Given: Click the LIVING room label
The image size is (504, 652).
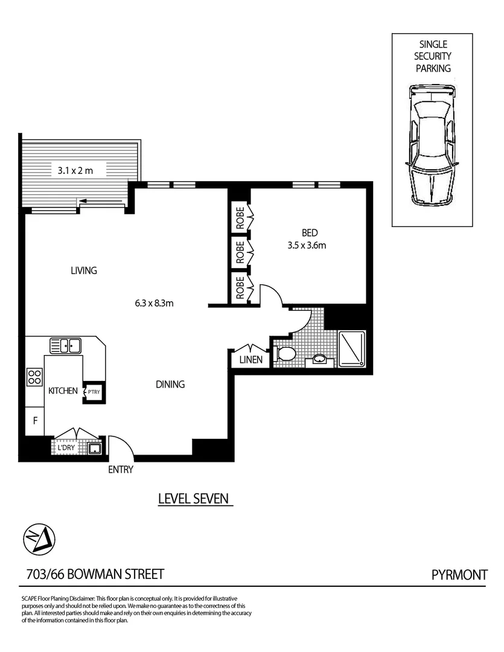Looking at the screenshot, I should pyautogui.click(x=83, y=270).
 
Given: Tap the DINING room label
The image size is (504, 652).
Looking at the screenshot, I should pyautogui.click(x=170, y=384).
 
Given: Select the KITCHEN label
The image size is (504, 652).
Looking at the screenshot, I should pyautogui.click(x=63, y=391).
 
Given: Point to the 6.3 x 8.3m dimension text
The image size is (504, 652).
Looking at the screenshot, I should pyautogui.click(x=155, y=303).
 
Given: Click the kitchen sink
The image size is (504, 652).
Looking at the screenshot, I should pyautogui.click(x=66, y=346).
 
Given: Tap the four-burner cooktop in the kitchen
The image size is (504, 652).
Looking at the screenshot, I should pyautogui.click(x=34, y=377).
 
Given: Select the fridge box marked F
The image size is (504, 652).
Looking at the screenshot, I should pyautogui.click(x=35, y=421).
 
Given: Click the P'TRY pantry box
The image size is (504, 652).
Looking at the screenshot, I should pyautogui.click(x=94, y=392).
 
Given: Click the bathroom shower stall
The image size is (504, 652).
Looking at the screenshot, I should pyautogui.click(x=351, y=349).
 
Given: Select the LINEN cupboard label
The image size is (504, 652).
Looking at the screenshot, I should pyautogui.click(x=250, y=359).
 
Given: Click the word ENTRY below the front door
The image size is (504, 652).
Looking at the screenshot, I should pyautogui.click(x=121, y=470).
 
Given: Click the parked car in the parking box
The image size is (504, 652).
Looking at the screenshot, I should pyautogui.click(x=429, y=147).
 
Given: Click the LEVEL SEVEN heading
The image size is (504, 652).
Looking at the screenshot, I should pyautogui.click(x=193, y=499).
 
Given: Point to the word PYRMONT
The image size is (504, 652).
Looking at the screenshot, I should pyautogui.click(x=459, y=574).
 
